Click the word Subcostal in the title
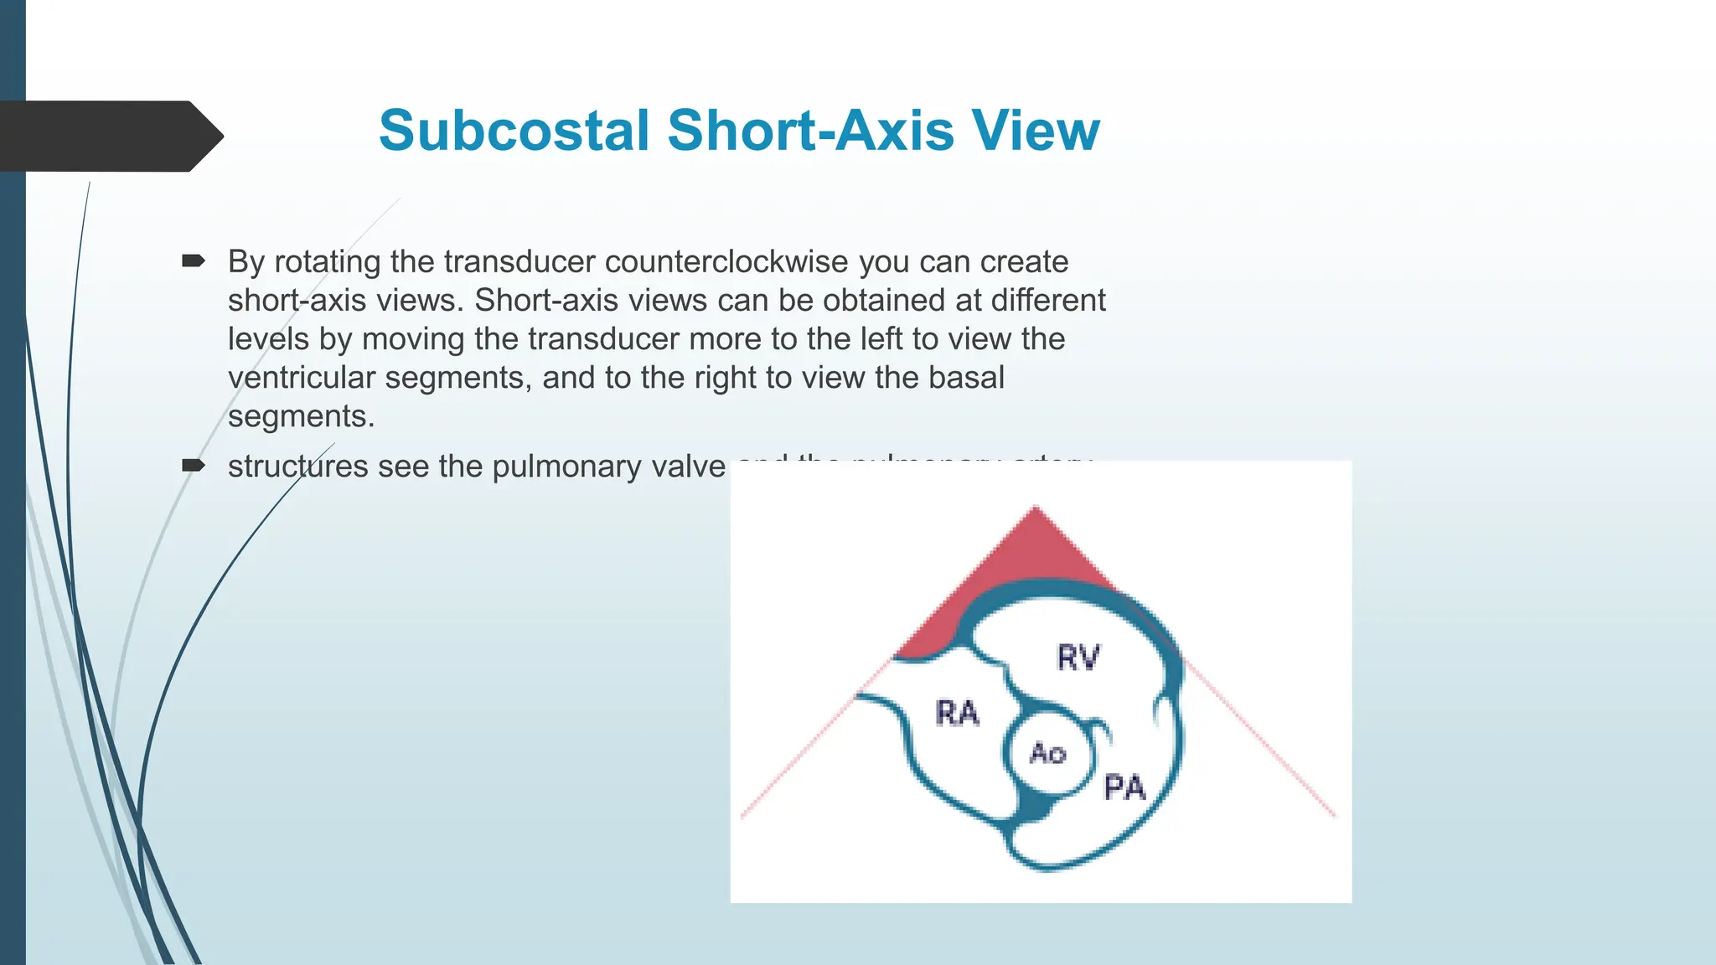coord(514,132)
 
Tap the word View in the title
coord(1036,132)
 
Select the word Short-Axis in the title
coord(810,132)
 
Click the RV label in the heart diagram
coord(1078,658)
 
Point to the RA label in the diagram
coord(957,714)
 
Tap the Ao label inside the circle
coord(1047,753)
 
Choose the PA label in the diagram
coord(1124,788)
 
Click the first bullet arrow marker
coord(194,261)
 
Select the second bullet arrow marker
coord(194,466)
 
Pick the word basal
coord(966,378)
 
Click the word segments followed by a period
coord(301,416)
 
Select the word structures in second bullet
coord(297,467)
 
